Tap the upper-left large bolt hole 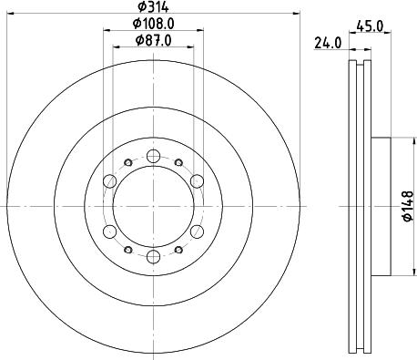pos(109,179)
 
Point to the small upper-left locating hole pos(127,161)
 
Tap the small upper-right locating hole pos(178,161)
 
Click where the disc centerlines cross pos(153,204)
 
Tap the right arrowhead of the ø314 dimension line pos(297,14)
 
